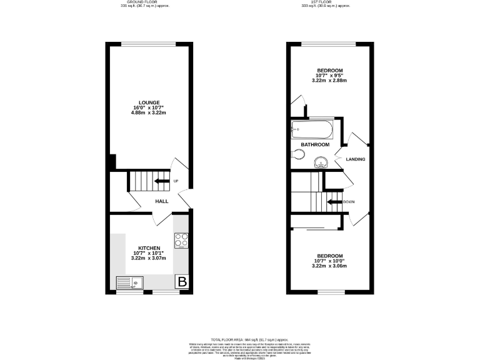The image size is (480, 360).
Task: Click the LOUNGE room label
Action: click(x=149, y=102)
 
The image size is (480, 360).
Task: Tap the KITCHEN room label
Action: click(x=149, y=247)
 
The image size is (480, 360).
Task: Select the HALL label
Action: click(x=162, y=201)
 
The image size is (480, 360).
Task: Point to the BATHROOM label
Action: click(x=315, y=144)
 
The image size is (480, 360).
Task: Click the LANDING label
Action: click(x=356, y=159)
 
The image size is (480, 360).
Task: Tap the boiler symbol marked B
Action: click(x=182, y=282)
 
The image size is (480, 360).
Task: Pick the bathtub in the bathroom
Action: click(x=312, y=131)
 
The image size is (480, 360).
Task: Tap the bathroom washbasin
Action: click(x=322, y=162)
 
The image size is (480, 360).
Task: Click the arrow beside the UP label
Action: click(x=162, y=181)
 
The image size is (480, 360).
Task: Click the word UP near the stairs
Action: click(x=176, y=181)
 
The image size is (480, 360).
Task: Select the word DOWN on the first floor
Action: click(x=349, y=202)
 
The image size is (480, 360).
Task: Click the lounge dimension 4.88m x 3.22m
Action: click(x=149, y=113)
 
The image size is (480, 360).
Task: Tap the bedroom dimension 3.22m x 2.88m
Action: click(x=329, y=81)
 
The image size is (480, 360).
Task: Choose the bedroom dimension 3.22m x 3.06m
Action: click(x=329, y=266)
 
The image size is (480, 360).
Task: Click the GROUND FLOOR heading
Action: click(x=144, y=2)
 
